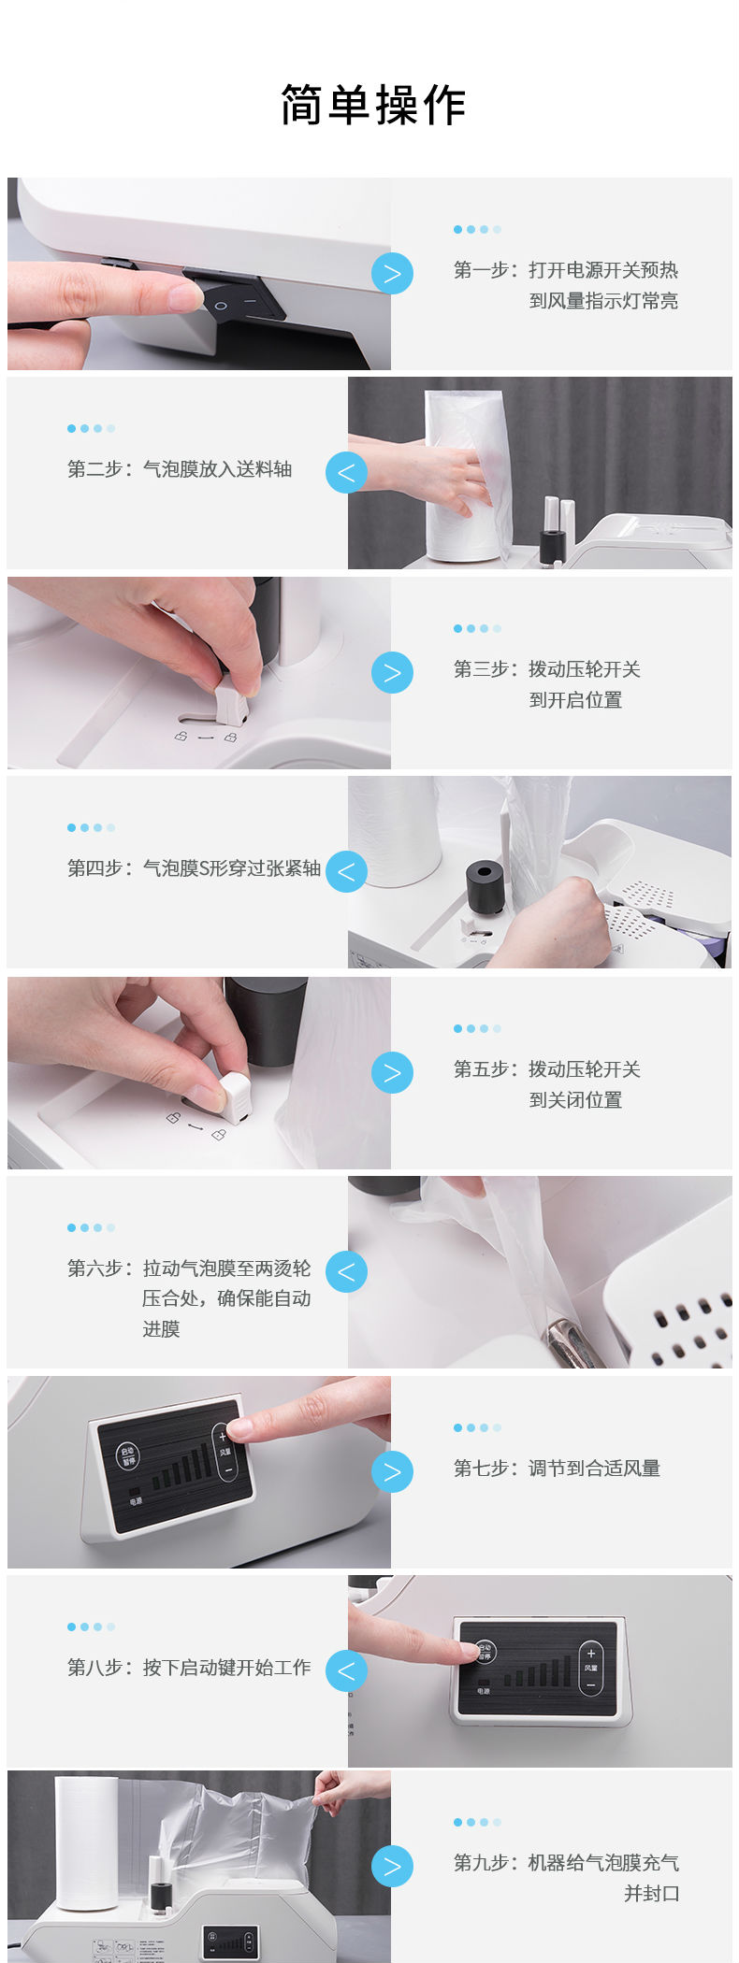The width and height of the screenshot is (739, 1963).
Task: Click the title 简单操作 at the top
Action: (373, 105)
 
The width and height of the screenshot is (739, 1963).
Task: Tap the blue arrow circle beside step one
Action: (392, 274)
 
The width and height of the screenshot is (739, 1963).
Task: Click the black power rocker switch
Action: (239, 296)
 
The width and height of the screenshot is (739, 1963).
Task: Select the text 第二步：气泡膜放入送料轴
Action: (180, 469)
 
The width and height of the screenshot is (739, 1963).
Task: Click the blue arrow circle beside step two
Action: (346, 473)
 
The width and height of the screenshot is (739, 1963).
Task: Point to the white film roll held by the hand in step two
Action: (464, 477)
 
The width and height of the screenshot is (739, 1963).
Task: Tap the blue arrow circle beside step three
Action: (392, 673)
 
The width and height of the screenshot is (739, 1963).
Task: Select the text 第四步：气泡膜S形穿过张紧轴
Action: (195, 868)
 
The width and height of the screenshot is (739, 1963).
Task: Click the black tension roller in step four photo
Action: (485, 887)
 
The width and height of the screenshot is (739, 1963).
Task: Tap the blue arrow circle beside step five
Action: (392, 1072)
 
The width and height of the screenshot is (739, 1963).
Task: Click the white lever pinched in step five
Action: (232, 1096)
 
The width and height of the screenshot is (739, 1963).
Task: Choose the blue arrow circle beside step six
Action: (346, 1271)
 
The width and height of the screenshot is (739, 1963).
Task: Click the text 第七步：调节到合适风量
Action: (557, 1469)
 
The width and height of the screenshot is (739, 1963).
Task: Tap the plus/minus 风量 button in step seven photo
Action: (225, 1453)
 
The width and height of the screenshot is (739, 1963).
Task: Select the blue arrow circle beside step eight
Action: (346, 1670)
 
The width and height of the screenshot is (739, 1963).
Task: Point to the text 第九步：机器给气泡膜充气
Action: (566, 1863)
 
